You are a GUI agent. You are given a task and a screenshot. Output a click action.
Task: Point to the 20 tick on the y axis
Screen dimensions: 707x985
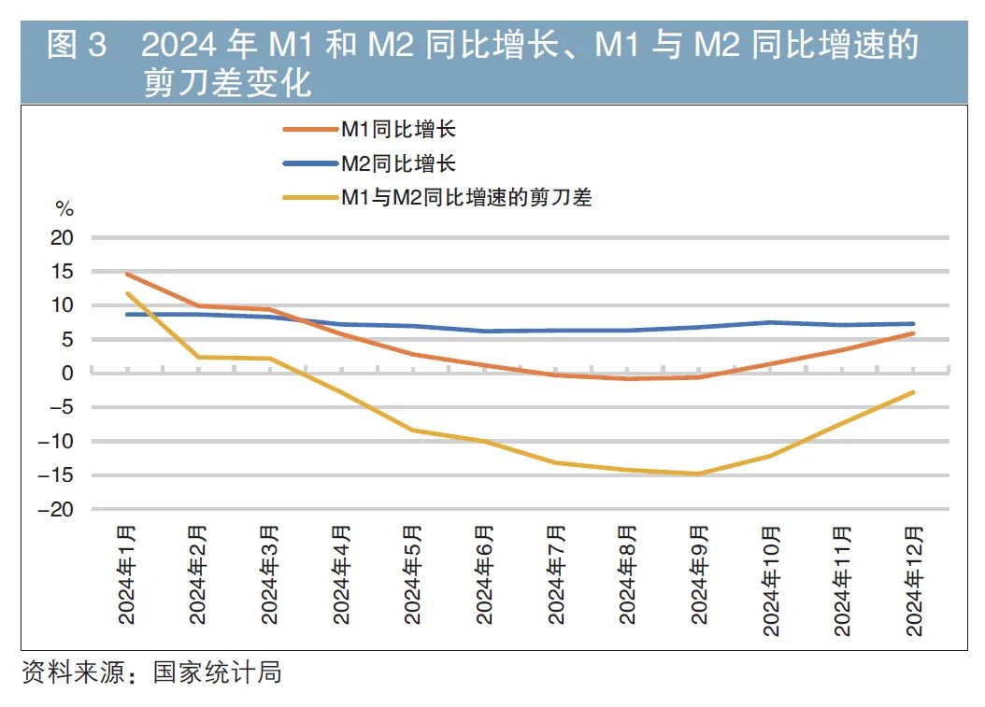click(63, 238)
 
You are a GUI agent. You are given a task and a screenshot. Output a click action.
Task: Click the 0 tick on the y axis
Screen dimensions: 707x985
click(67, 373)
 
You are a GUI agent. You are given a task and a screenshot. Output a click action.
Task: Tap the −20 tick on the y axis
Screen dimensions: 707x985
click(57, 509)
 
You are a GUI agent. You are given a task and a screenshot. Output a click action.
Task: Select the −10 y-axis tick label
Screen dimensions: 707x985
click(57, 441)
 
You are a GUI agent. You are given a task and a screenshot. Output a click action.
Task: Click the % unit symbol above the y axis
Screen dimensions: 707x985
click(64, 207)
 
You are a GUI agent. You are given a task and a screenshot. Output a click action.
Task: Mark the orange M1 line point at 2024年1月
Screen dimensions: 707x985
click(127, 274)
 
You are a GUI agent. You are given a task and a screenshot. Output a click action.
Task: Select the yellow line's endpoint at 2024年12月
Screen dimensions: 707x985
click(913, 392)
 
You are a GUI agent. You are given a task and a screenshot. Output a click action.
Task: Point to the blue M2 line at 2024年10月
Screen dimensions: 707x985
click(770, 322)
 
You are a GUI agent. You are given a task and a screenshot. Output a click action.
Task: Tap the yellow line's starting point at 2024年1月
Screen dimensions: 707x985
click(127, 293)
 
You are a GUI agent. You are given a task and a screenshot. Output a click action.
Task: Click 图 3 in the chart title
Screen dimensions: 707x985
click(78, 44)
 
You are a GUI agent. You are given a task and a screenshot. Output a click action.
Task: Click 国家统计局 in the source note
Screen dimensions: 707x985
click(218, 672)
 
